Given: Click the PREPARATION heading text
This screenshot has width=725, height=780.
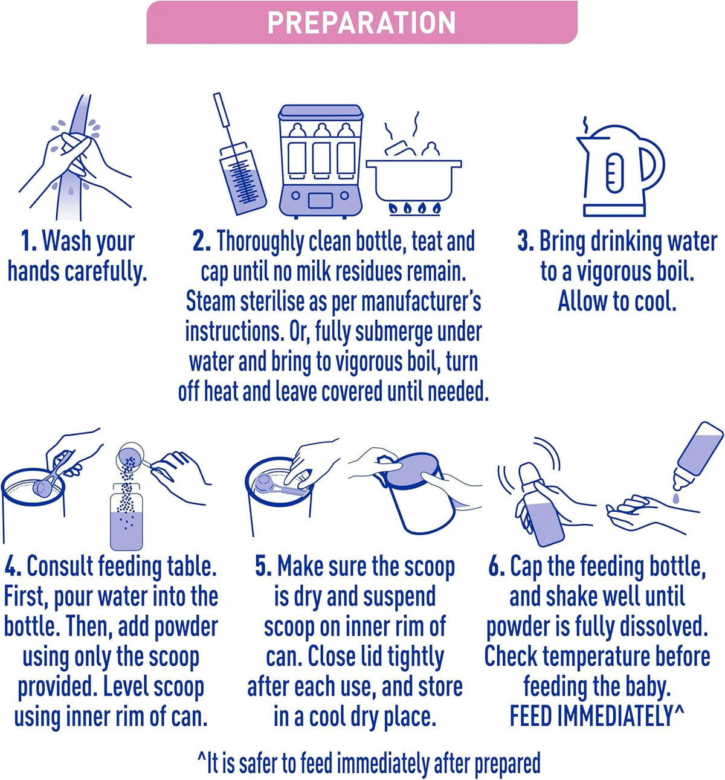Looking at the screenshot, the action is (361, 22).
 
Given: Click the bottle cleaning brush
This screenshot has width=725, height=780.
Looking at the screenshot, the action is (240, 154).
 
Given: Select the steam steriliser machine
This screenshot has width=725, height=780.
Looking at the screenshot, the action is (320, 161).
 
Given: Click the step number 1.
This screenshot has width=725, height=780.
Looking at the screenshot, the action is (28, 240).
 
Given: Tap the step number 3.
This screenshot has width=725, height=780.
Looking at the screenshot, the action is (526, 240).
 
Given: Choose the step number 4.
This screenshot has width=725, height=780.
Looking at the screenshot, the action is (13, 566).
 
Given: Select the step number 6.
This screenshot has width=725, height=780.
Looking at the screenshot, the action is (497, 566).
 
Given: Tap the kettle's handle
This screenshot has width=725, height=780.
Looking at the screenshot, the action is (652, 164).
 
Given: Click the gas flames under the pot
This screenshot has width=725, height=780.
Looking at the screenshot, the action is (414, 208).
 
